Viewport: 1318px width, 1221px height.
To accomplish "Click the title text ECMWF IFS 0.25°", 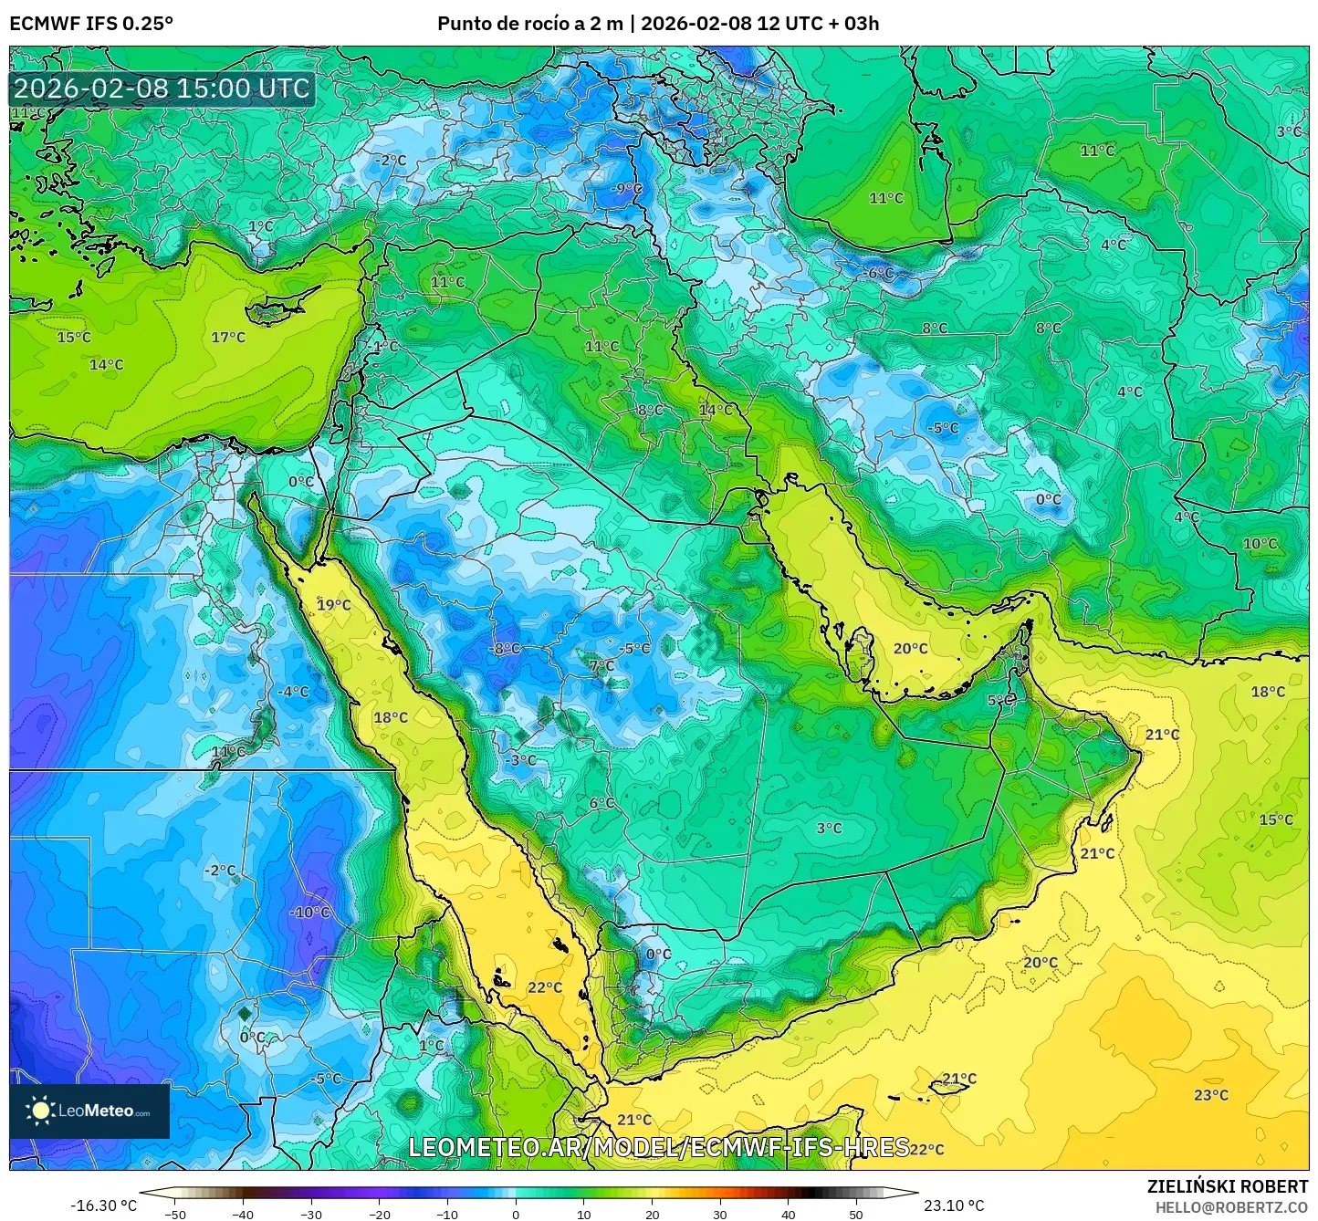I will point(91,24).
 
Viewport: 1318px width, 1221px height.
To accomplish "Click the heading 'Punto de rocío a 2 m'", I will point(529,24).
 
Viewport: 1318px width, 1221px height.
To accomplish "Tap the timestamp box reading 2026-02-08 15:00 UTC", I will point(162,89).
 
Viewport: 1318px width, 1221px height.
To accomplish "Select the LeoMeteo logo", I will point(89,1111).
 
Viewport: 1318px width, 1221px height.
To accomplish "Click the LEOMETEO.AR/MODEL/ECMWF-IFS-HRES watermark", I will point(658,1147).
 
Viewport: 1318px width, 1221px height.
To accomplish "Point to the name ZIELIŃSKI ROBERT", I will point(1228,1186).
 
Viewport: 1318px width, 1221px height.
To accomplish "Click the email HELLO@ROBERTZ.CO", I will point(1231,1207).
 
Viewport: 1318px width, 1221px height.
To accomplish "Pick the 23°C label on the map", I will point(1211,1095).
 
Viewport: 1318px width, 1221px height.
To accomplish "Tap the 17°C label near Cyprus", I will point(228,338).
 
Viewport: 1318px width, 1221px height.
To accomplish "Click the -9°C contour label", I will point(627,189).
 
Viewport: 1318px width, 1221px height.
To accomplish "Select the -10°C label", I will point(309,913).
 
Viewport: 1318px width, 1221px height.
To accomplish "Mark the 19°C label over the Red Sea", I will point(333,605).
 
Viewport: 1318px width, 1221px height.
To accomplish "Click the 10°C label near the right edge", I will point(1260,544).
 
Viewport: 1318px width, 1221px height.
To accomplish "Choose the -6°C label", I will point(879,273).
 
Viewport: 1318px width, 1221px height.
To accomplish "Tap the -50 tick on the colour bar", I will point(174,1214).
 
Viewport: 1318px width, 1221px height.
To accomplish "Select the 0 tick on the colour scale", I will point(516,1214).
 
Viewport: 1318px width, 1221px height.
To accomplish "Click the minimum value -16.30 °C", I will point(103,1205).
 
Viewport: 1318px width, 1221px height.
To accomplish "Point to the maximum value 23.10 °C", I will point(954,1205).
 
